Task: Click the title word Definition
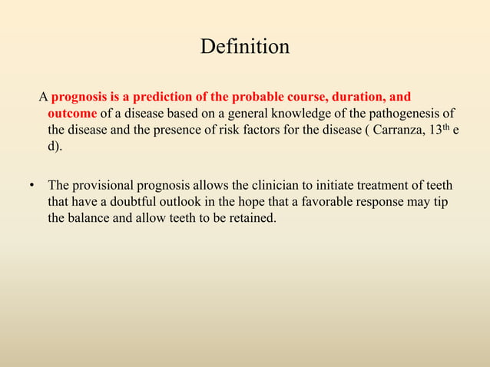click(244, 48)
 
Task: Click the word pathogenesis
click(404, 113)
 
